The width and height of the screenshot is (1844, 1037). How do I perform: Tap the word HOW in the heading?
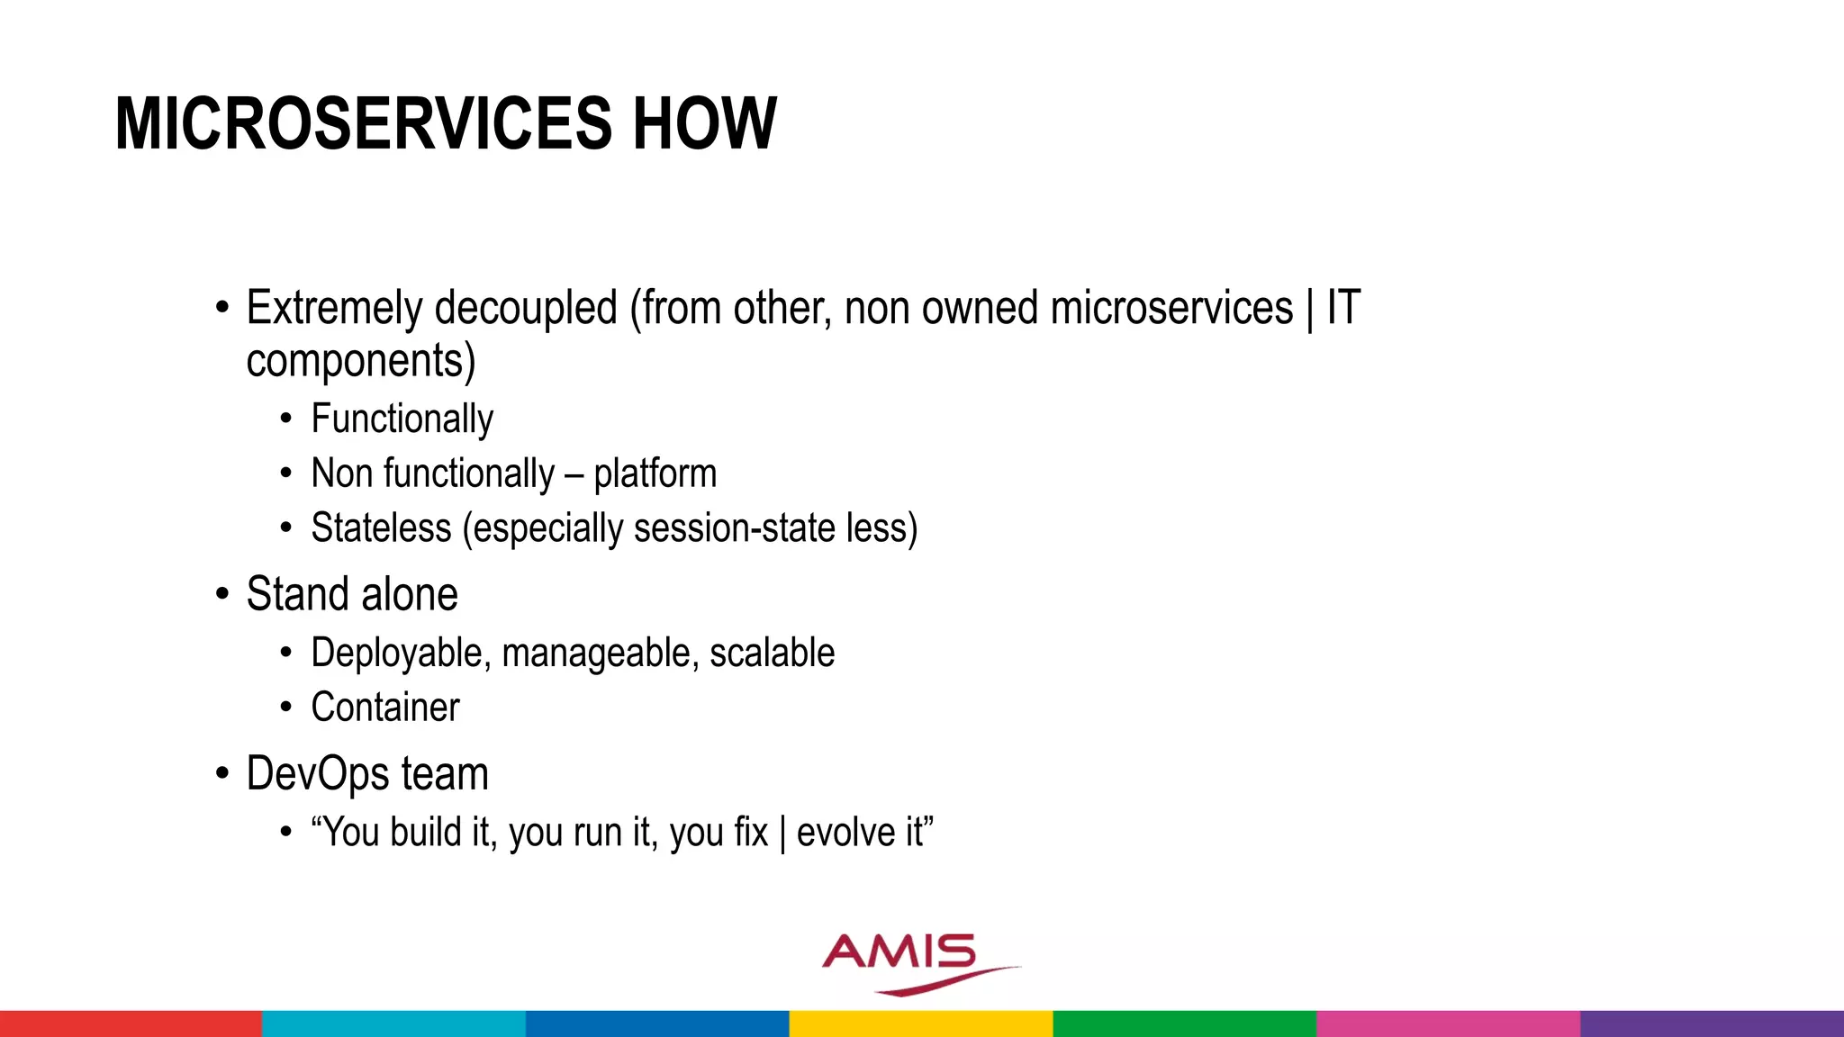(704, 124)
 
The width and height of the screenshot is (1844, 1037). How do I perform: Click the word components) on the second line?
(360, 362)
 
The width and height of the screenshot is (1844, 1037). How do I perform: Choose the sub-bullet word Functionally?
(402, 419)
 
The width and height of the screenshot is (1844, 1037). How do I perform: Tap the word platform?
(655, 474)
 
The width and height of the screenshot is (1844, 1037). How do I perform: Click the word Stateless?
(381, 528)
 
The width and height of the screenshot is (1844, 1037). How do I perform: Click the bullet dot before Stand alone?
(222, 595)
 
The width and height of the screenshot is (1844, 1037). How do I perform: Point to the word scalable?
(772, 654)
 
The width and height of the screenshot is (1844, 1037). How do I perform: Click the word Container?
(385, 708)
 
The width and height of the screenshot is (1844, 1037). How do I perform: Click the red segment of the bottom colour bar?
(131, 1023)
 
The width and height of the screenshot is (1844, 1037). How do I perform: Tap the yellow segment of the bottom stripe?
(921, 1023)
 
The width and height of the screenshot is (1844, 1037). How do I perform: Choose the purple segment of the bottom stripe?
(1712, 1023)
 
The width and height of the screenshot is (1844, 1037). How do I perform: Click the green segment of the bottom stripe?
(1184, 1023)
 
